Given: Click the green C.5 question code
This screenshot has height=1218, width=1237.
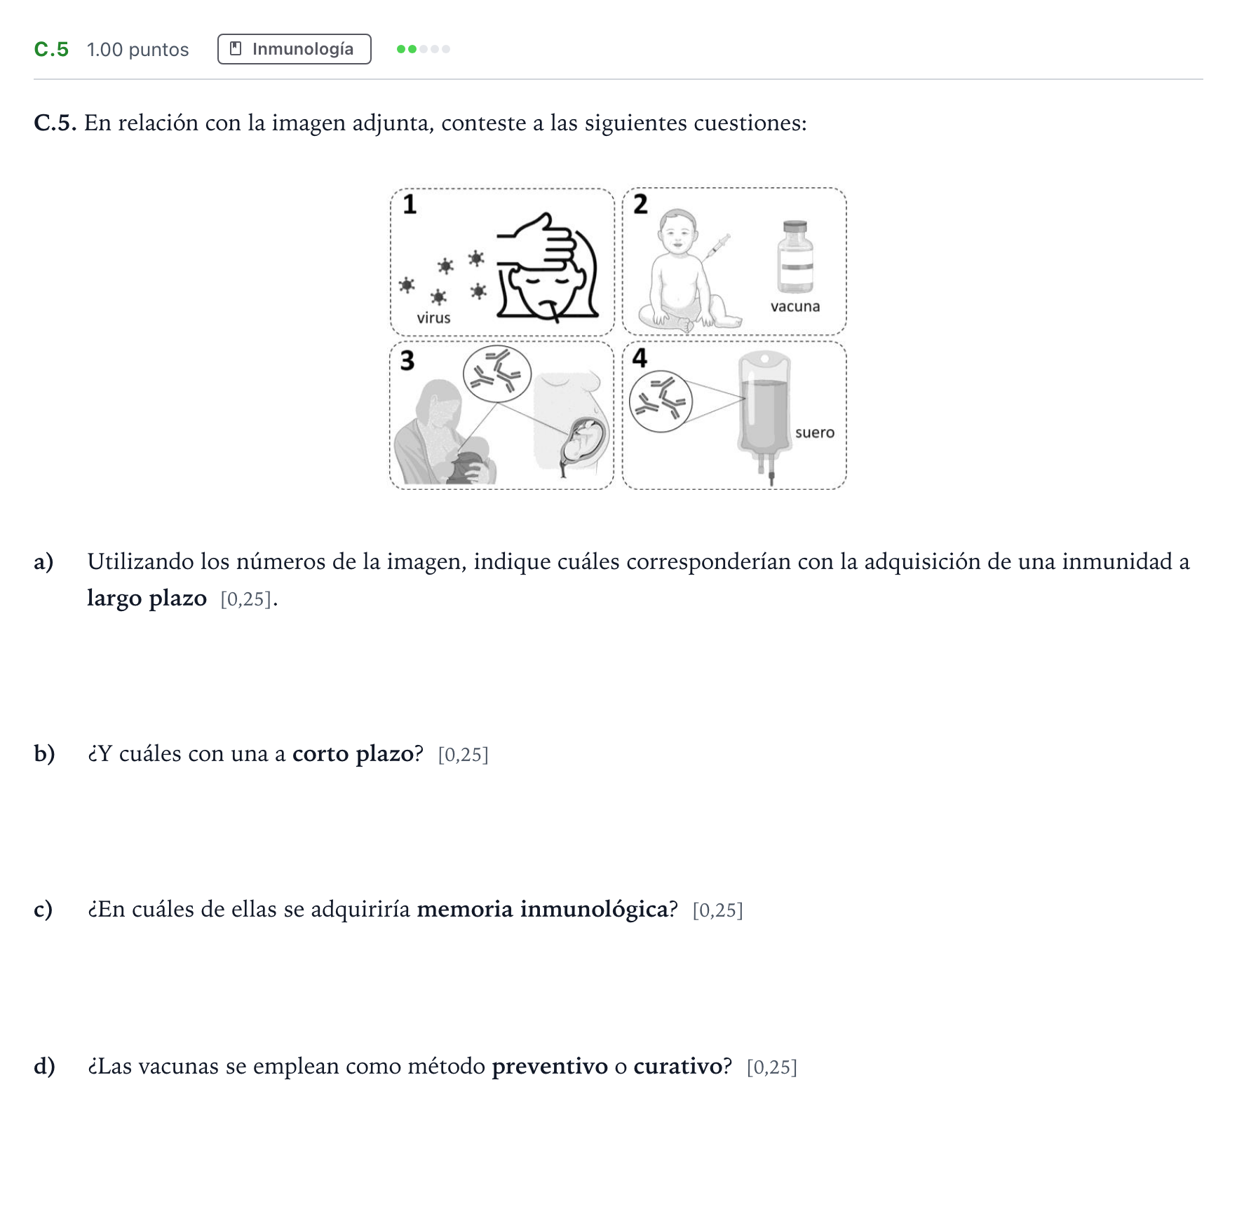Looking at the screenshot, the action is (x=51, y=49).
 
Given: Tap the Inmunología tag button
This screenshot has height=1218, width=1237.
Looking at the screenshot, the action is (x=295, y=49).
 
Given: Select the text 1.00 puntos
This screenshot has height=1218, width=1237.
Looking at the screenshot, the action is (x=137, y=50).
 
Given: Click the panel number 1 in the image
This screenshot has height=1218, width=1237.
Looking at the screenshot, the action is (x=410, y=204).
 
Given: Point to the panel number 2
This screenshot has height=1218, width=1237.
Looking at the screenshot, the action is (x=640, y=204).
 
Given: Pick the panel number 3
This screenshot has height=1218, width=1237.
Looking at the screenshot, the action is (x=407, y=360).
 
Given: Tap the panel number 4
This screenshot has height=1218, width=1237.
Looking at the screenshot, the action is (x=640, y=357).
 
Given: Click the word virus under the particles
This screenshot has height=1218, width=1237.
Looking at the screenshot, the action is (x=433, y=318).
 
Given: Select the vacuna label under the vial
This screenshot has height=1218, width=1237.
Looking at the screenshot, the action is (x=795, y=306).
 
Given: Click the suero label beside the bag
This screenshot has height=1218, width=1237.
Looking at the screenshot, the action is (x=815, y=432).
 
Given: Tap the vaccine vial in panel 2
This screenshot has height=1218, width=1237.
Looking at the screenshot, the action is (x=795, y=256).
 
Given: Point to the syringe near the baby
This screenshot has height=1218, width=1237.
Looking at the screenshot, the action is (x=717, y=247).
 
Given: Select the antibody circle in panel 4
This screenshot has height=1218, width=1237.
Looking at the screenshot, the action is (x=661, y=402).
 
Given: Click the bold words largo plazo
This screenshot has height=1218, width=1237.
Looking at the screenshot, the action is (x=147, y=598).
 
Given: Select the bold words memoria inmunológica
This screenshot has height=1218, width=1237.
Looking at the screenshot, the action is (x=543, y=909).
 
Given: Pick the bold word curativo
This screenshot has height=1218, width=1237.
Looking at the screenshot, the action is (x=678, y=1066).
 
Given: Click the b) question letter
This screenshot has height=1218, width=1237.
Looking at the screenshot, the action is (x=44, y=753).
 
